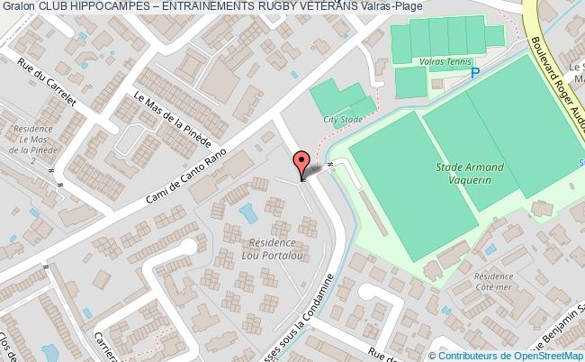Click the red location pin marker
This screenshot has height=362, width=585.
click(x=301, y=165)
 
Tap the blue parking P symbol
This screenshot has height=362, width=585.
click(x=476, y=73)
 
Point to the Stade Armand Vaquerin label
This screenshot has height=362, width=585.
click(x=470, y=174)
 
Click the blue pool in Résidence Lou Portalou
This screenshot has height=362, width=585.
click(x=247, y=213)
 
